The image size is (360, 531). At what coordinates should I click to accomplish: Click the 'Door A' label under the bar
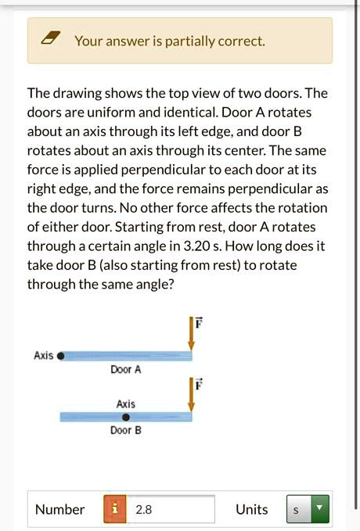(125, 369)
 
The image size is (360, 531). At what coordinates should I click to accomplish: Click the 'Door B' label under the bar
(125, 430)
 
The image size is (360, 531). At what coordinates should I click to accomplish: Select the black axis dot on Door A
(62, 356)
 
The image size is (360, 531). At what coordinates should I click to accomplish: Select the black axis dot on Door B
(125, 417)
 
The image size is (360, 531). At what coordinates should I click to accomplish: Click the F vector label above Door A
(199, 321)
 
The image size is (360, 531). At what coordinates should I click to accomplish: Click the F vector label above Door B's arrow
(199, 384)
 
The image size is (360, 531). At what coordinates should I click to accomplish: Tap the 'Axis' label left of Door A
(43, 356)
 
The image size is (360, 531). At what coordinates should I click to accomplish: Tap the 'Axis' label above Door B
(125, 404)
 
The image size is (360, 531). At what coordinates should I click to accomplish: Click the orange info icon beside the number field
(115, 509)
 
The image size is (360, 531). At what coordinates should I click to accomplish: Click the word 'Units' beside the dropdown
(251, 509)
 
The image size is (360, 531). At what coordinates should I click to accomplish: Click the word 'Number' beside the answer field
(59, 509)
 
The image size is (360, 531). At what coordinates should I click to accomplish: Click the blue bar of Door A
(129, 356)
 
